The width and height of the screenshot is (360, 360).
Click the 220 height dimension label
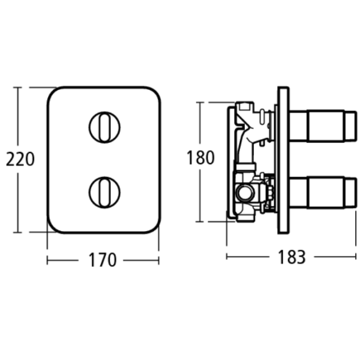pos(20,159)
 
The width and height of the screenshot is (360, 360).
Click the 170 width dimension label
pos(103,260)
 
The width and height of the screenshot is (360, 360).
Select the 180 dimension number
pos(200,157)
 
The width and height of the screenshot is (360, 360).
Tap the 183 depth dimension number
pos(292,257)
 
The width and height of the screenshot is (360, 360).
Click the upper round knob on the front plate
pos(104,126)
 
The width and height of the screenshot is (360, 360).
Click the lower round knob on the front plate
pos(104,191)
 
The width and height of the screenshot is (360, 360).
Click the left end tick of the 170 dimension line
pos(47,260)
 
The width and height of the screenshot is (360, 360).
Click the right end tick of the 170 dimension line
pos(159,260)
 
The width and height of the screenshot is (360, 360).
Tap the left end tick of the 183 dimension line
pos(227,257)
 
